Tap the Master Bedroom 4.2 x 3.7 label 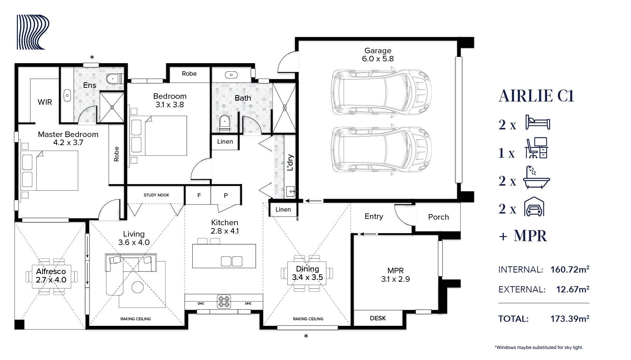(68, 138)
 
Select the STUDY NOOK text (156, 195)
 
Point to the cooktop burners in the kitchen (224, 301)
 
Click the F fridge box (199, 195)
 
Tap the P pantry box (226, 195)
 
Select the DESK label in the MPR (378, 318)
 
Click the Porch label (438, 217)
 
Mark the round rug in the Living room (138, 287)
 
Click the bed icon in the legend (537, 122)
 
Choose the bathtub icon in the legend (537, 178)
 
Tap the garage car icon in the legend (534, 207)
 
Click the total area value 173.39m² (570, 318)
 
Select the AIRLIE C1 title (536, 96)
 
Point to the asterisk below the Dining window (306, 336)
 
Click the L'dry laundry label (290, 163)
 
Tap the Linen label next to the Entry (283, 210)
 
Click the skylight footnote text (539, 347)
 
